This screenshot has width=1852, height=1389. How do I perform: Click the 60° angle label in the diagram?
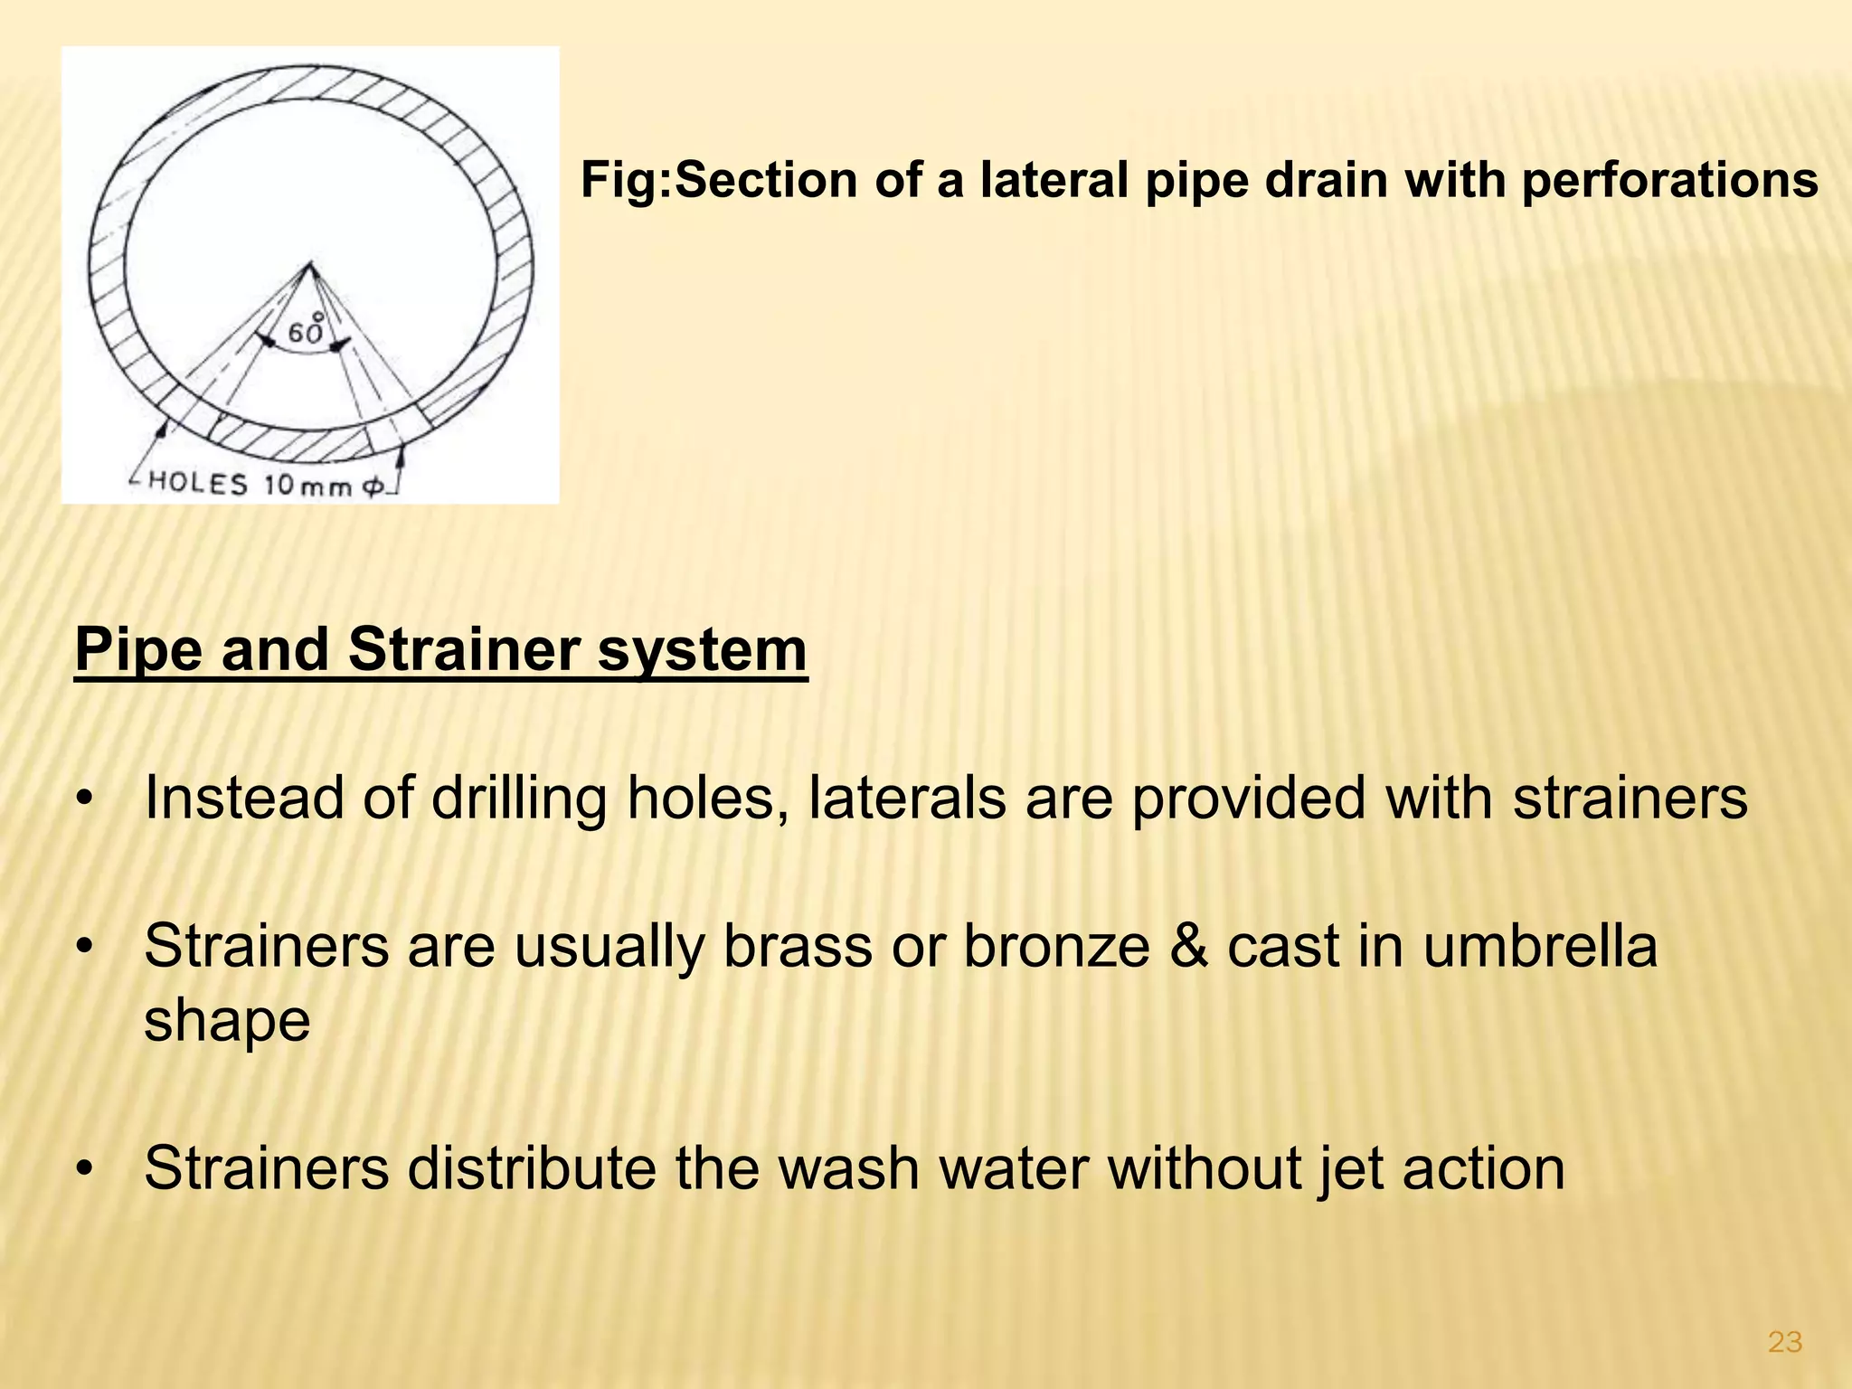pos(306,332)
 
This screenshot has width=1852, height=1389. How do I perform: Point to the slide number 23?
pos(1784,1343)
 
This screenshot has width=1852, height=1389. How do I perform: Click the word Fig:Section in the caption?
pos(719,180)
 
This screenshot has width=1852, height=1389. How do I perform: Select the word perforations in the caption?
pos(1669,180)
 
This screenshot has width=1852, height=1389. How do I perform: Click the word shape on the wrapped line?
pos(227,1020)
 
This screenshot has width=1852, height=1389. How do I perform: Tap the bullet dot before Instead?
pos(85,799)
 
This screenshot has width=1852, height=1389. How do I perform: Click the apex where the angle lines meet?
pos(310,264)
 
